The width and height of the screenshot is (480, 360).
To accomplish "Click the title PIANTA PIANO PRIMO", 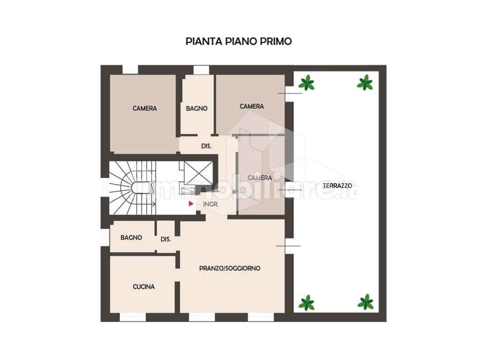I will click(239, 41).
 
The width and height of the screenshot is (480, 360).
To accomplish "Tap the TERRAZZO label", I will click(337, 186).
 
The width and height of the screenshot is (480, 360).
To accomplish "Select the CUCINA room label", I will click(143, 287).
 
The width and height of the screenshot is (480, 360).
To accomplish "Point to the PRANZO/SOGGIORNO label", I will click(230, 269).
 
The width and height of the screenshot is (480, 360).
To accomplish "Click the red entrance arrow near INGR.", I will click(191, 204).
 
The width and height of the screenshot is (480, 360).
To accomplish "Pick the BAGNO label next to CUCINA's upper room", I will click(131, 238).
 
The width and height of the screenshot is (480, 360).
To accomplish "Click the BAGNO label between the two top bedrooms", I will click(196, 108).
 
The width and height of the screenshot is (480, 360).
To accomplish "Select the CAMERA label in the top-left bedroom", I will click(144, 108).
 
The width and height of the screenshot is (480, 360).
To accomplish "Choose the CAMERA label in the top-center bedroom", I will click(252, 106).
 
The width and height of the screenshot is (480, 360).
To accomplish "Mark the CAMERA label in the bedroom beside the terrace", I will click(260, 178).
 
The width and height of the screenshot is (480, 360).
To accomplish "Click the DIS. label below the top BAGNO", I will click(207, 146).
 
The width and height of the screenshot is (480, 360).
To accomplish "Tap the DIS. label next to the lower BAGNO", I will click(166, 239).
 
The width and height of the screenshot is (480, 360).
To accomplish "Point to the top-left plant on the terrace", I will click(306, 83).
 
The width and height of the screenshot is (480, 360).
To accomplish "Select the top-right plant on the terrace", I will click(365, 83).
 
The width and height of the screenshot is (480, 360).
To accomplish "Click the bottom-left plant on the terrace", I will click(307, 302).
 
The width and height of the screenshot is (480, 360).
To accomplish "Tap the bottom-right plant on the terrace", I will click(366, 302).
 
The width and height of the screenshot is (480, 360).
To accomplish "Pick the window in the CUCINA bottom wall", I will click(133, 317).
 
